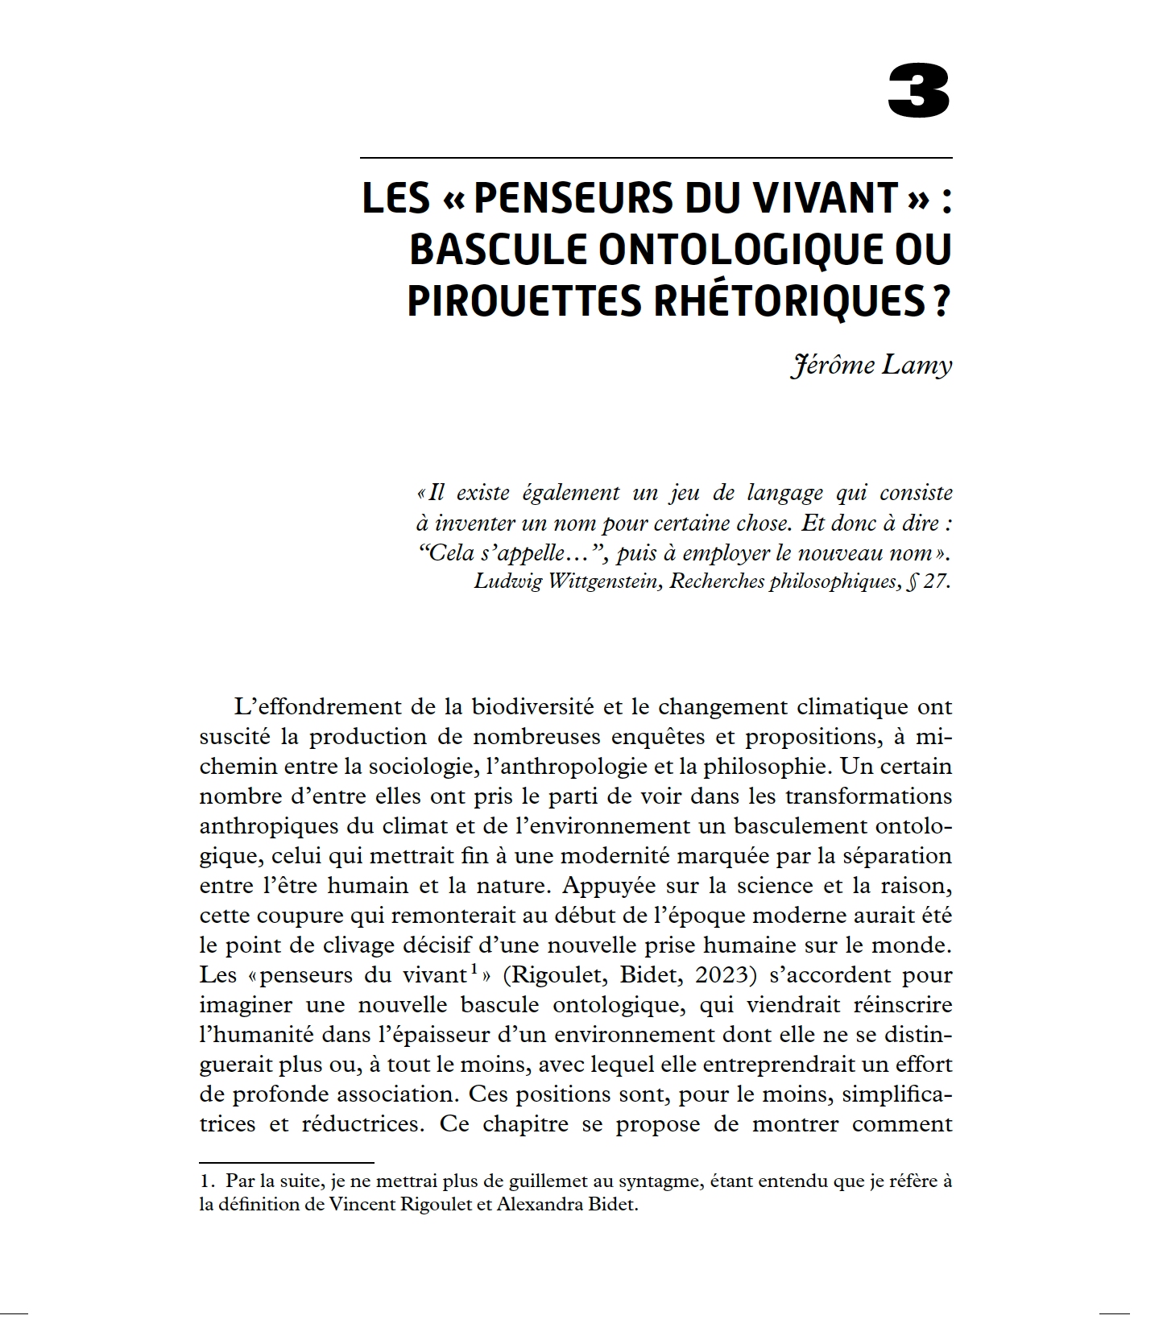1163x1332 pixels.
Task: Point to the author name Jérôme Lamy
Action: coord(871,365)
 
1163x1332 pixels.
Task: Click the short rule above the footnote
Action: coord(287,1162)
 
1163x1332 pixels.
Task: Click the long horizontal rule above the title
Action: coord(656,157)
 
